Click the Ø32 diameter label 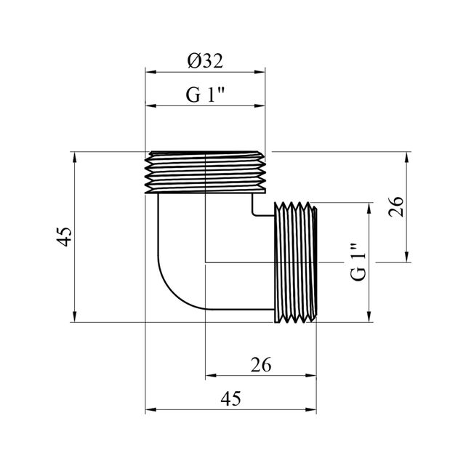click(205, 61)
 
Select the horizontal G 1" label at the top click(205, 95)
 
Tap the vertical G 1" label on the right click(358, 262)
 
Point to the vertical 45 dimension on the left click(64, 236)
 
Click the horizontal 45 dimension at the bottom click(230, 398)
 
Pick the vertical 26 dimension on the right click(396, 206)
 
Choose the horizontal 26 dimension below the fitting click(261, 365)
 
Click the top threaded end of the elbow click(205, 172)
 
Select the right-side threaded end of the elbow click(296, 262)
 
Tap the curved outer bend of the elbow click(172, 293)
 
